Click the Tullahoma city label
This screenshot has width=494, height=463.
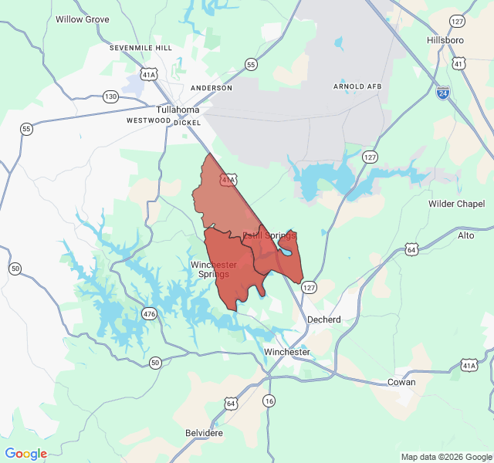pyautogui.click(x=178, y=110)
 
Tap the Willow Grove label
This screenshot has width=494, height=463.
pyautogui.click(x=82, y=19)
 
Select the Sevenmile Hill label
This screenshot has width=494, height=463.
pyautogui.click(x=140, y=47)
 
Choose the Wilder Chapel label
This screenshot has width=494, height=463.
pyautogui.click(x=457, y=204)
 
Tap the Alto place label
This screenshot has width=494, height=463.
pyautogui.click(x=466, y=235)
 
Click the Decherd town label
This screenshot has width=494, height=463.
pyautogui.click(x=324, y=319)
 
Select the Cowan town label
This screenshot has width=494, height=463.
pyautogui.click(x=401, y=382)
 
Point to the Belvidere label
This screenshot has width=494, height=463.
pyautogui.click(x=204, y=433)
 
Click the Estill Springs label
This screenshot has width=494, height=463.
pyautogui.click(x=269, y=235)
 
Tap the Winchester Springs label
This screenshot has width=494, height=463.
pyautogui.click(x=214, y=269)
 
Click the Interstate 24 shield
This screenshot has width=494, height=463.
pyautogui.click(x=442, y=93)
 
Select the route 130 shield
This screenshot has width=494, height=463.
pyautogui.click(x=110, y=96)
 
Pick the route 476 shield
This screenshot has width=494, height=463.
pyautogui.click(x=149, y=313)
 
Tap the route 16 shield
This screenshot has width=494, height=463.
pyautogui.click(x=269, y=400)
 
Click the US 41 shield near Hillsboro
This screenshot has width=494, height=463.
pyautogui.click(x=459, y=64)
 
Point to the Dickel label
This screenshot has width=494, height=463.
pyautogui.click(x=188, y=123)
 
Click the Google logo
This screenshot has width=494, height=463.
pyautogui.click(x=26, y=454)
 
